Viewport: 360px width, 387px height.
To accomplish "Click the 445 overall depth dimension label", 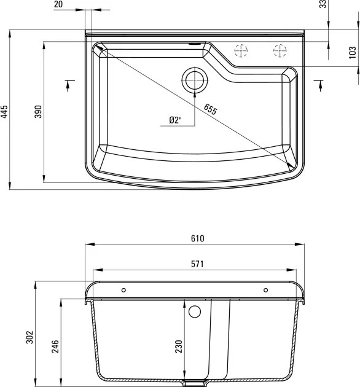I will [4, 111].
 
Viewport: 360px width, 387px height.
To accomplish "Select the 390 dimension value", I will [37, 111].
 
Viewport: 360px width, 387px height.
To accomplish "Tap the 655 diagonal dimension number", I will [210, 110].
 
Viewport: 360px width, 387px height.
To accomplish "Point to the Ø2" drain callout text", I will [175, 121].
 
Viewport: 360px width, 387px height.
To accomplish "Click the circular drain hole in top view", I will [194, 79].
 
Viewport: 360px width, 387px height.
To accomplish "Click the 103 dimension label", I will [352, 52].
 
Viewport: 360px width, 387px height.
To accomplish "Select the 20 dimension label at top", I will [75, 4].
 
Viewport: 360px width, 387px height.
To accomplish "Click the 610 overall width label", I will [196, 238].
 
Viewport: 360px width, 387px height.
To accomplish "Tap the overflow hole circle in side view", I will [195, 311].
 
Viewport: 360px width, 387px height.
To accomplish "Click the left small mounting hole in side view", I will [123, 289].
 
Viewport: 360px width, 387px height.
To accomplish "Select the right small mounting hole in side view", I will [265, 289].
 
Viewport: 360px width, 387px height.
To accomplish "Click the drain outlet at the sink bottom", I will [195, 383].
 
